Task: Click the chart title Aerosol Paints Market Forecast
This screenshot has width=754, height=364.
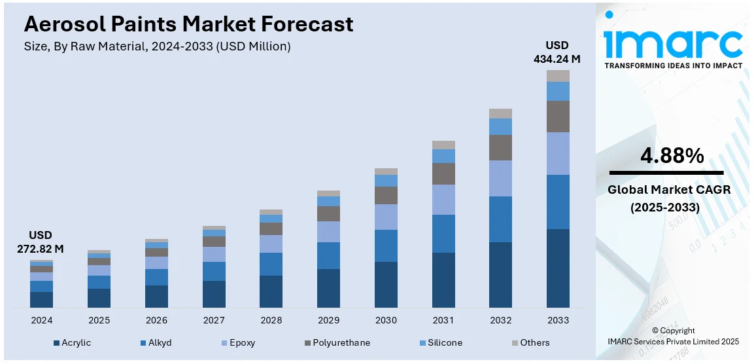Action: (188, 24)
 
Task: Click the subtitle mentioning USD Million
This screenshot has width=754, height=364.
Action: (157, 46)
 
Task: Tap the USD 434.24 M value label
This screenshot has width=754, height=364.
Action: (558, 52)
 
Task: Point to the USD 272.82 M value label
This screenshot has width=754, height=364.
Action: (41, 242)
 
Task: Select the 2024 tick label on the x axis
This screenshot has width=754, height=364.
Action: (41, 320)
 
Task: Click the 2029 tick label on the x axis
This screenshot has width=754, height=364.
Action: (328, 320)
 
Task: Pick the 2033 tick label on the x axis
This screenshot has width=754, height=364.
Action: (558, 320)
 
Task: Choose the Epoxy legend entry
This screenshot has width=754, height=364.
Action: (242, 342)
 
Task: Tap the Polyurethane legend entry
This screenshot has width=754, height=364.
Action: (341, 342)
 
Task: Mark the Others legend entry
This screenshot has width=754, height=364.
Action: (534, 342)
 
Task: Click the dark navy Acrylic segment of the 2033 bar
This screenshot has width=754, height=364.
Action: (558, 268)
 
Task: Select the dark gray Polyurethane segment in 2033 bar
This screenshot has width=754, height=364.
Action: (558, 117)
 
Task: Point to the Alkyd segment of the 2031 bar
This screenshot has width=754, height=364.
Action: (443, 234)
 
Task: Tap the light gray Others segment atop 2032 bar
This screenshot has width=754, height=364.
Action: (500, 113)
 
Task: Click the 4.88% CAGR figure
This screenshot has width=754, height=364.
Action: (672, 156)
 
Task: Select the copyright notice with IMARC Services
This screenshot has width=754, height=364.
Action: (674, 336)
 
